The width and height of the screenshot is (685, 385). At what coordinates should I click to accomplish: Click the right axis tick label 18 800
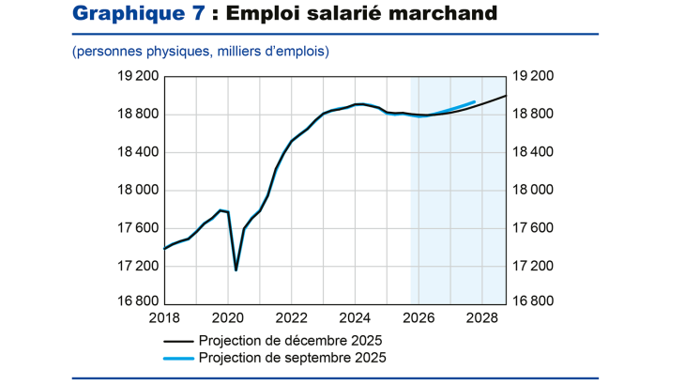[530, 115]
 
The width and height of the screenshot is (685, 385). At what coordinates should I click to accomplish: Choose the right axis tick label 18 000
[530, 191]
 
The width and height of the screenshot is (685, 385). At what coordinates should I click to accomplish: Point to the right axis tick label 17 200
[530, 266]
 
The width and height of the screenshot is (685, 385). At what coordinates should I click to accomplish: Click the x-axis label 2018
[165, 317]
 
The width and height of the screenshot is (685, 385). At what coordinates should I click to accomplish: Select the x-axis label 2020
[228, 317]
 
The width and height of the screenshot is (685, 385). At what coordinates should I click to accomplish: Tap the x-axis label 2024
[355, 317]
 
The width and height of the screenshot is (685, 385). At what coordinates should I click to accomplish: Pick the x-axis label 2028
[480, 317]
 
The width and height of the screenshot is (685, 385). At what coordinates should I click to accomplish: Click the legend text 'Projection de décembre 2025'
[291, 340]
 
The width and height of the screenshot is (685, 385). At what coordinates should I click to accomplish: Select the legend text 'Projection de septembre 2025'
[292, 358]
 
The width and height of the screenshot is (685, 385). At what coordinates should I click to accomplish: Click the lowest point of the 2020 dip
[236, 270]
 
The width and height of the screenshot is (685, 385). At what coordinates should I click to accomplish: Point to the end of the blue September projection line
[475, 101]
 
